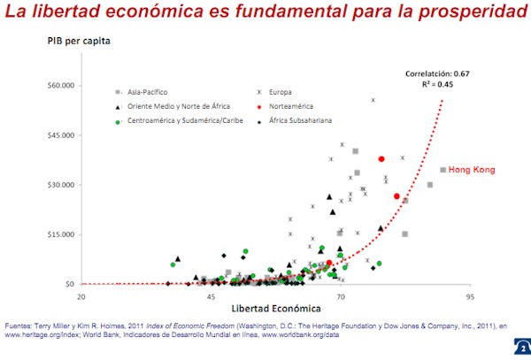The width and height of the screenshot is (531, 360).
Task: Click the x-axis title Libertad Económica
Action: click(275, 311)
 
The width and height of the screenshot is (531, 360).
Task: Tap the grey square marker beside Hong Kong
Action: click(443, 170)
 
